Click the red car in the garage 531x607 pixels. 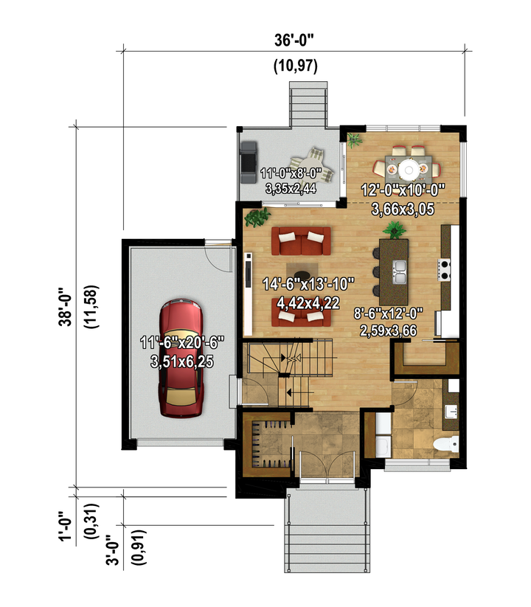pos(181,358)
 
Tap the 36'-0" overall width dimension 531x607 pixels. pos(294,40)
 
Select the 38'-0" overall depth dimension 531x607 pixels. pos(65,307)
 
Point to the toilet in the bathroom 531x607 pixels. pos(446,444)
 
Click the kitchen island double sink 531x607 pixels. pos(399,271)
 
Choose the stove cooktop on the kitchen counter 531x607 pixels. pos(444,269)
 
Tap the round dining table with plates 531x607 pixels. pos(408,169)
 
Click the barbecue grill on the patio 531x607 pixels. pos(248,162)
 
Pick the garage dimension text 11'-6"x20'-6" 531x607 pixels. pos(182,343)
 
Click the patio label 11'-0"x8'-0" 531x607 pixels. pos(291,173)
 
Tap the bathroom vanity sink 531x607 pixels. pos(451,412)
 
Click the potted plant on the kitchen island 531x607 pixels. pos(395,230)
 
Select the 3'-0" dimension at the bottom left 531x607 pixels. pos(112,550)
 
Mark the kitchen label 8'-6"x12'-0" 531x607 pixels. pos(388,313)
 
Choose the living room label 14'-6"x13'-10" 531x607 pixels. pos(308,284)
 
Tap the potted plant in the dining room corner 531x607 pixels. pos(354,140)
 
